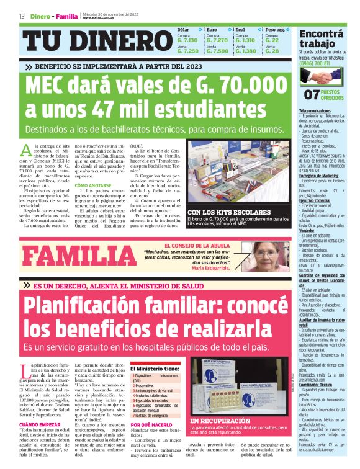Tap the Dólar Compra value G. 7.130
(x=187, y=40)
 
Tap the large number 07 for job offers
(x=312, y=94)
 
